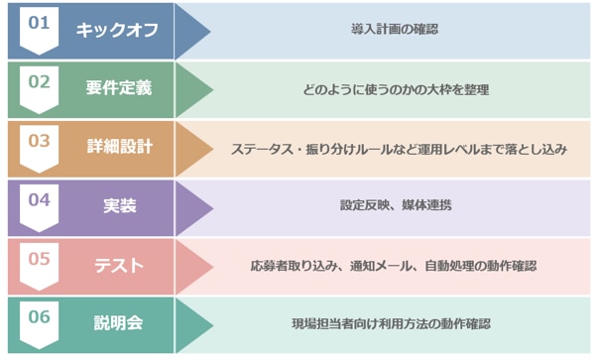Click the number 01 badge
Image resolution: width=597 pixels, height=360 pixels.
tap(39, 26)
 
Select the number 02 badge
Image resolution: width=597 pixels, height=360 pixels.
tap(39, 85)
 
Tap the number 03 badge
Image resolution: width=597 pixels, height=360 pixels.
tap(39, 144)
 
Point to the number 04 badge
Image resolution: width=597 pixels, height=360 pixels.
tap(39, 202)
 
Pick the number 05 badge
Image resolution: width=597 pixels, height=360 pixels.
tap(39, 262)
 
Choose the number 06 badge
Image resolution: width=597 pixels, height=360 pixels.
tap(39, 320)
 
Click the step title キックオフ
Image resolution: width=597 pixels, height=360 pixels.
tap(119, 30)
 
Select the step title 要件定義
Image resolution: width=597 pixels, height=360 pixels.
tap(119, 89)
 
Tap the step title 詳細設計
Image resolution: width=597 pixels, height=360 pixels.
tap(119, 148)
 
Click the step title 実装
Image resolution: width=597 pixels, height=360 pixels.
tap(119, 206)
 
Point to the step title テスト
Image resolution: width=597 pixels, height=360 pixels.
tap(119, 266)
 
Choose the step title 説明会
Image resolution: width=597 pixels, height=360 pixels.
tap(119, 324)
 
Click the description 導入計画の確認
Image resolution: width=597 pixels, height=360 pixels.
tap(395, 30)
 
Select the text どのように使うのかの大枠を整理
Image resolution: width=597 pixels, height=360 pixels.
tap(396, 89)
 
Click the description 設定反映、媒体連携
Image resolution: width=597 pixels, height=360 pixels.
tap(396, 206)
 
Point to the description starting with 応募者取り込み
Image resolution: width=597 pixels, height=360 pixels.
tap(394, 266)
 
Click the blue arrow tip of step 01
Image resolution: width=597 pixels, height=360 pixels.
tap(200, 30)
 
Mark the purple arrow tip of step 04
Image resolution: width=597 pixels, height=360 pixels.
tap(200, 206)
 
